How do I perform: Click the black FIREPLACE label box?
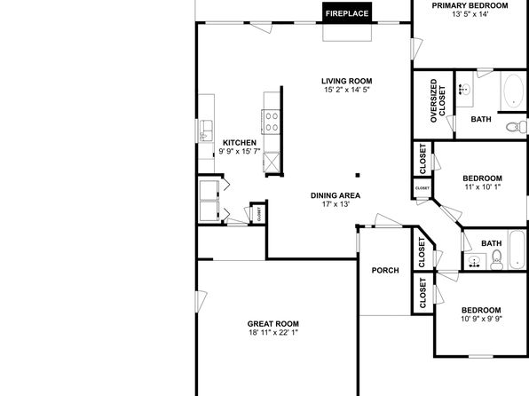point(347,12)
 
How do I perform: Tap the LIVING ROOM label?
point(347,81)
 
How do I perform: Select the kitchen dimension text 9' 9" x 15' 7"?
point(240,151)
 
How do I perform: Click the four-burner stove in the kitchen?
point(271,122)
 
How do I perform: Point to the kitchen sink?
point(206,131)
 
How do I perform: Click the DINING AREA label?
point(336,195)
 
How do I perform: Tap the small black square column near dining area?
point(358,175)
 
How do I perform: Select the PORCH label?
point(385,271)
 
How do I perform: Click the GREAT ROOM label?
point(273,324)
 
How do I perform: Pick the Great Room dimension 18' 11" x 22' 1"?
point(273,333)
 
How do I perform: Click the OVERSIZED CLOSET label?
point(438,100)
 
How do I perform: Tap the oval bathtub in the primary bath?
point(514,91)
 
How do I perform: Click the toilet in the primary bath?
point(517,127)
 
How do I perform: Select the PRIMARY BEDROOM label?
point(470,5)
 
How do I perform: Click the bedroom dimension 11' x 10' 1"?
point(483,186)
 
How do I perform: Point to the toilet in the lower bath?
point(496,259)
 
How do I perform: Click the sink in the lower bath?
point(475,262)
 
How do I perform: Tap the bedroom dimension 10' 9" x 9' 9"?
point(481,319)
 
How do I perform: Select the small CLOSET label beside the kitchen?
point(259,214)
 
